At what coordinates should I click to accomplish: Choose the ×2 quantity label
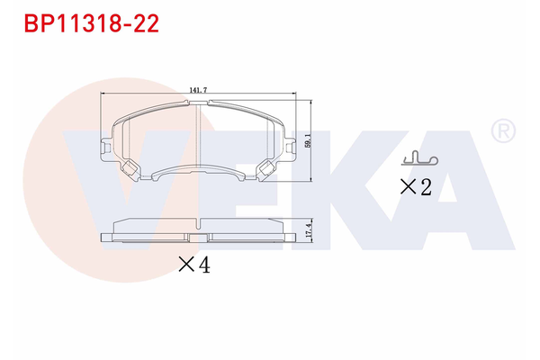click(415, 187)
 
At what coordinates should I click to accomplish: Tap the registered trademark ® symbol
click(502, 131)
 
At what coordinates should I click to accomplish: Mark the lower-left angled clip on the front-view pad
click(131, 168)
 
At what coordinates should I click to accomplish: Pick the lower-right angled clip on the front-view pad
click(268, 168)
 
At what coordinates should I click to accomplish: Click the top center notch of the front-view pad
click(200, 103)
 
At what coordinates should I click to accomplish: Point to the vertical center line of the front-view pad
click(200, 135)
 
